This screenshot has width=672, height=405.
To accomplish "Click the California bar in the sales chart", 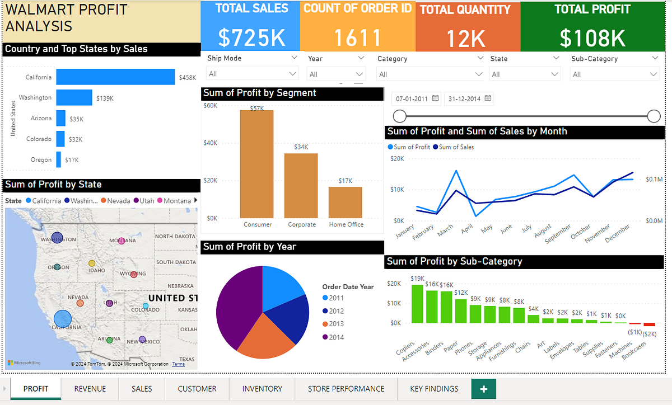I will (115, 77).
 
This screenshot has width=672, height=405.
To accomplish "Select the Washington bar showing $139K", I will (74, 98).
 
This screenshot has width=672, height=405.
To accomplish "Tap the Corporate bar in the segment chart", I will (301, 185).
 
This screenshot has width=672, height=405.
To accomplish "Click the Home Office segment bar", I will (345, 202).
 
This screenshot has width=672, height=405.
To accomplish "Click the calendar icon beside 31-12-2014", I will (488, 98).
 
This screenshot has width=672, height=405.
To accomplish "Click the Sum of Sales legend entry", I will (456, 147).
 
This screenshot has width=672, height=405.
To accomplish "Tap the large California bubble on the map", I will (63, 319).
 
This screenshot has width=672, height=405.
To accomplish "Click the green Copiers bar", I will (417, 304).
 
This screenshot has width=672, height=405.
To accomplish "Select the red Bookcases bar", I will (649, 324).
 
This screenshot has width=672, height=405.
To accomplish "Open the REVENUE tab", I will (90, 389).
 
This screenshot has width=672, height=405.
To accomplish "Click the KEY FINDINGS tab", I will (434, 389).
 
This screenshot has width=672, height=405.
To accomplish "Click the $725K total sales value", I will (251, 37).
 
